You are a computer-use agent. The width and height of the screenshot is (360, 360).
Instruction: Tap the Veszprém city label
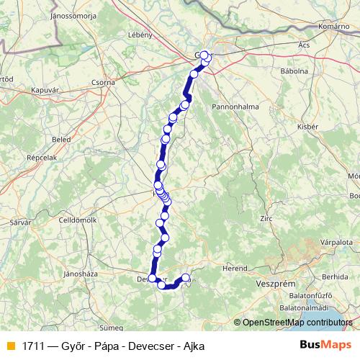pos(276,284)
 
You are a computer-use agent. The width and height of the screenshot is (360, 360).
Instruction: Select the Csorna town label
pos(103,83)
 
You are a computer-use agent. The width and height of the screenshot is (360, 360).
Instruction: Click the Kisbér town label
pos(307,127)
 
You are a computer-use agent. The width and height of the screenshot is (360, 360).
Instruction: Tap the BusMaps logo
pos(325,345)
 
